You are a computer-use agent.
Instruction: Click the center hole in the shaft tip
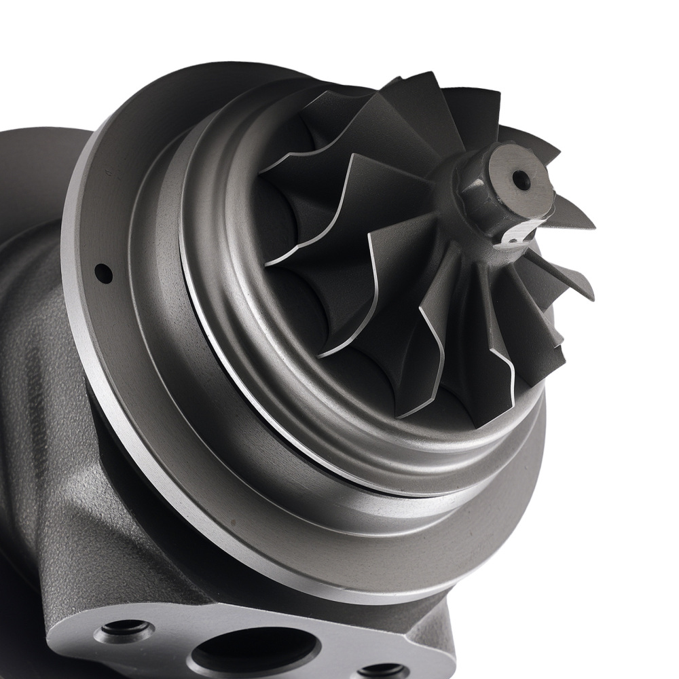[521, 180]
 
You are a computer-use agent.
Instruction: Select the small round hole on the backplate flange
[103, 273]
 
